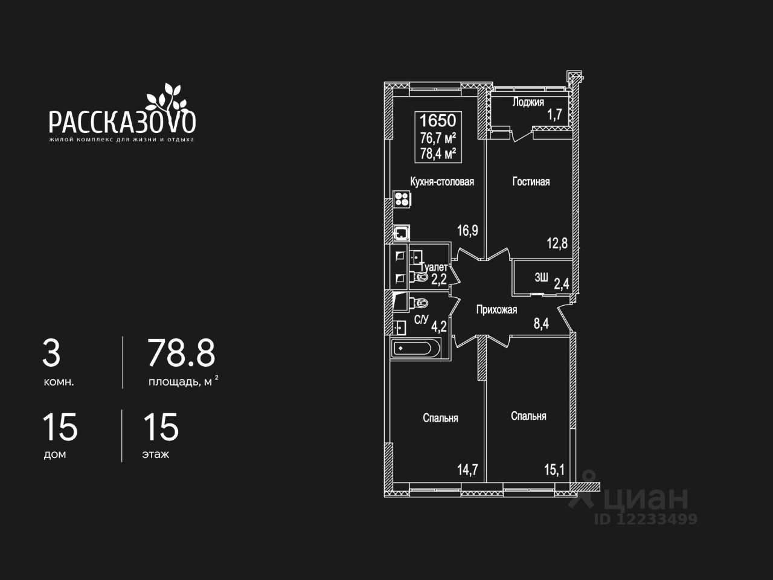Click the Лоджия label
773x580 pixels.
[528, 102]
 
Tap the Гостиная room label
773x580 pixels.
[531, 181]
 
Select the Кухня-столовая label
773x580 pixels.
[441, 181]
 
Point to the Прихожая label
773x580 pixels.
[496, 310]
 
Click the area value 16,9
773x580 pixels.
[467, 230]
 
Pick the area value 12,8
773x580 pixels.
[557, 243]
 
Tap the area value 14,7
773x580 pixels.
[467, 469]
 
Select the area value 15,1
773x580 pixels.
[554, 469]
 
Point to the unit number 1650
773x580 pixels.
[438, 120]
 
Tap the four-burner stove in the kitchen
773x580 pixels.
[402, 199]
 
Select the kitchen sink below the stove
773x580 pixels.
[402, 233]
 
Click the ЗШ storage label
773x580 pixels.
[541, 278]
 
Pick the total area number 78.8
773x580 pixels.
[181, 353]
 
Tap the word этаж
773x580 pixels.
[156, 454]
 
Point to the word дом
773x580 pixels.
[55, 454]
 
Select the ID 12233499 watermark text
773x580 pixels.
[646, 518]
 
